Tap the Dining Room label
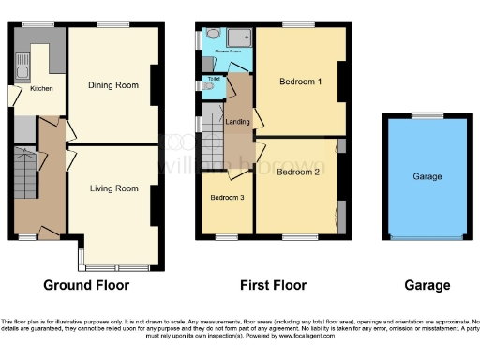(113, 86)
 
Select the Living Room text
(113, 188)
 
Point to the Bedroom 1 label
(301, 82)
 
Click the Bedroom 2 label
(298, 172)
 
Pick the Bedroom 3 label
(226, 198)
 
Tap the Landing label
(237, 121)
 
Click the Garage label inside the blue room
(427, 176)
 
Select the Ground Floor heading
(84, 285)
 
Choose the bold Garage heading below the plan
(427, 285)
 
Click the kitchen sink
(19, 65)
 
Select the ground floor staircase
(25, 172)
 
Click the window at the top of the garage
(427, 114)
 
